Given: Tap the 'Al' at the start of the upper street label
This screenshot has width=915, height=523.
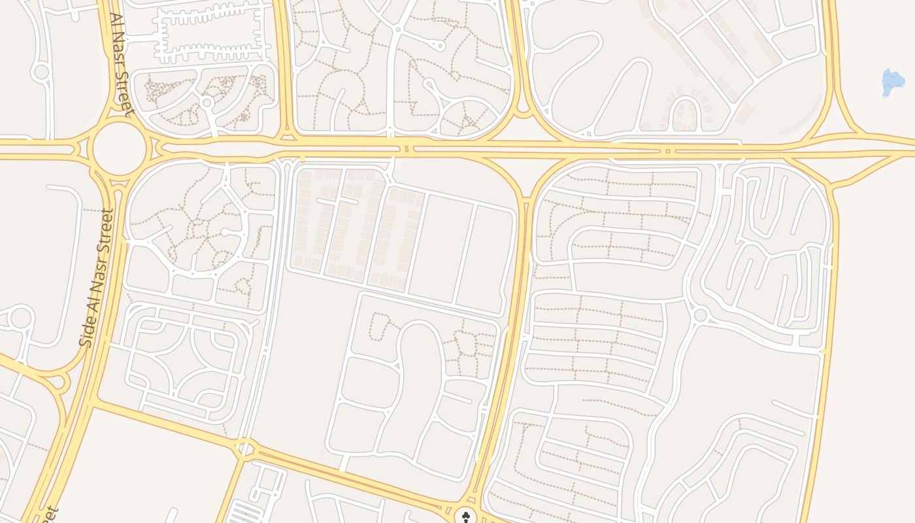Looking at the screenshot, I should click(x=116, y=21).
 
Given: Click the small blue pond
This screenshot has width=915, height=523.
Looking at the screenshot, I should click(x=893, y=82).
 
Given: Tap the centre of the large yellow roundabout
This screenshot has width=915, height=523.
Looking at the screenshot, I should click(x=119, y=148).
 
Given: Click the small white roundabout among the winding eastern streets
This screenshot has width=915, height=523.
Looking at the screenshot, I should click(x=701, y=315).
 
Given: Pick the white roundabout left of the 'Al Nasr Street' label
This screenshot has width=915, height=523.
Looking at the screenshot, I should click(x=41, y=71).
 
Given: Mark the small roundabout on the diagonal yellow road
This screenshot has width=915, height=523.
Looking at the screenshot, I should click(x=245, y=448).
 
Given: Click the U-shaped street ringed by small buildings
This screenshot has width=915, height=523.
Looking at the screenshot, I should click(x=684, y=112).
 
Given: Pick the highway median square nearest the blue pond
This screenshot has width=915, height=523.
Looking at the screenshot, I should click(x=667, y=151).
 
